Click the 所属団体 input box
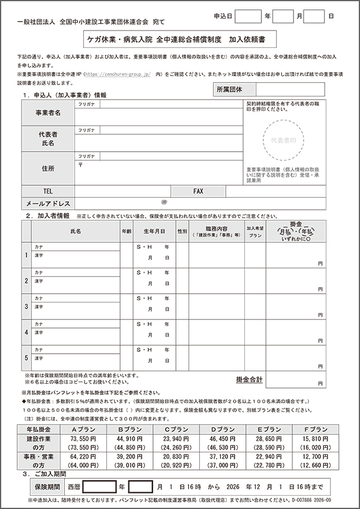coord(292,89)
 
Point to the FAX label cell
coord(199,191)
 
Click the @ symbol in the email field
coord(164,203)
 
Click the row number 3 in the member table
coord(26,306)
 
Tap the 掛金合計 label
coord(249,379)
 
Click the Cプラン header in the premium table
coord(177,430)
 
